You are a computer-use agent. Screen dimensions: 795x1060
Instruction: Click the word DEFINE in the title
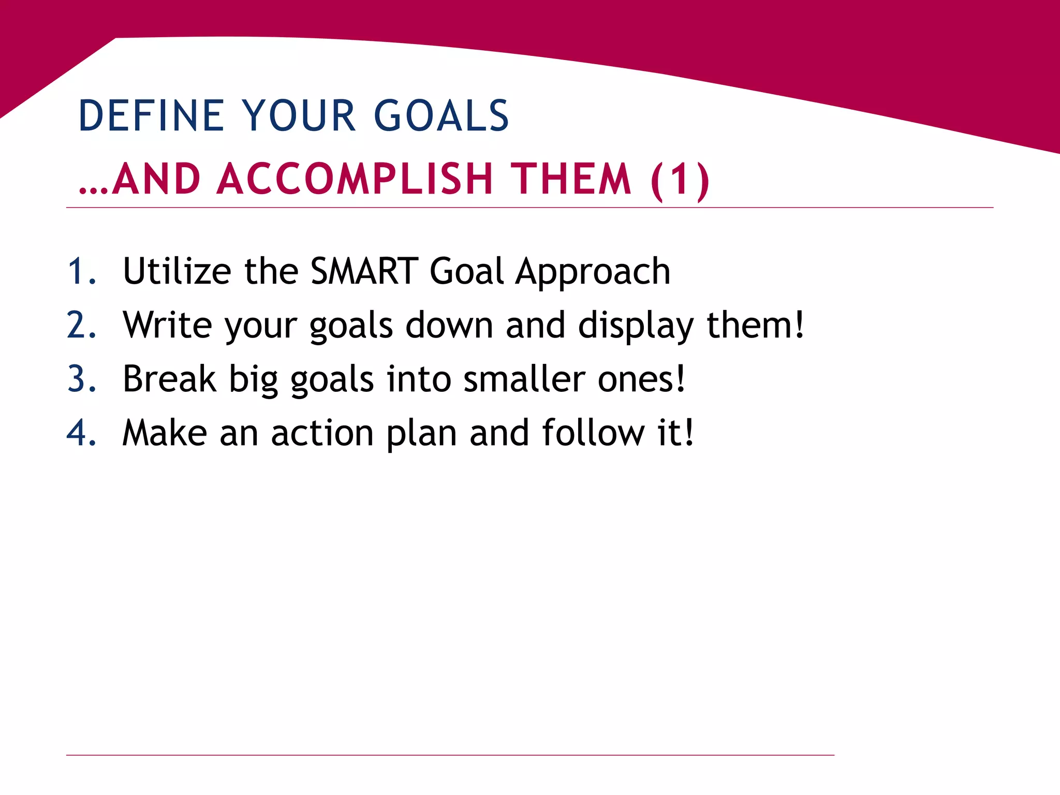click(x=151, y=115)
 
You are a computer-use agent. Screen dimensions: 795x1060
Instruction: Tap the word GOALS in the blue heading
click(x=441, y=115)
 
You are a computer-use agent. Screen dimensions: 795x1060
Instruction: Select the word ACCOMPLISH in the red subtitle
click(x=355, y=179)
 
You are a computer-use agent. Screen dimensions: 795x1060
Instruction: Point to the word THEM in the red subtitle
click(x=571, y=179)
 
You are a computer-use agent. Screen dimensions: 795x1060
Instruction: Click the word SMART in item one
click(x=364, y=271)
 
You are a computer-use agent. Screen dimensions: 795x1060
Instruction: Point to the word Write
click(x=167, y=325)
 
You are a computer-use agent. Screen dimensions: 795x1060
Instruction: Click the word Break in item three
click(x=169, y=379)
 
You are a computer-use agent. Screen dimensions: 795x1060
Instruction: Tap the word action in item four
click(x=322, y=433)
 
